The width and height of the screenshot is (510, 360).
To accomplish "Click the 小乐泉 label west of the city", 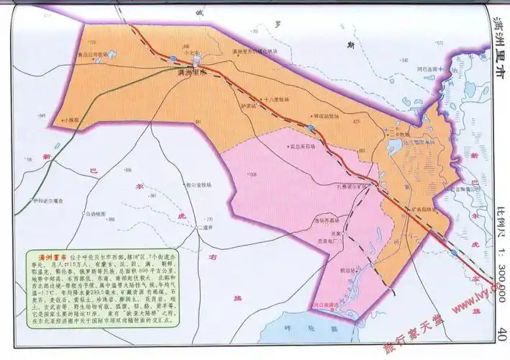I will (x=70, y=121).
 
